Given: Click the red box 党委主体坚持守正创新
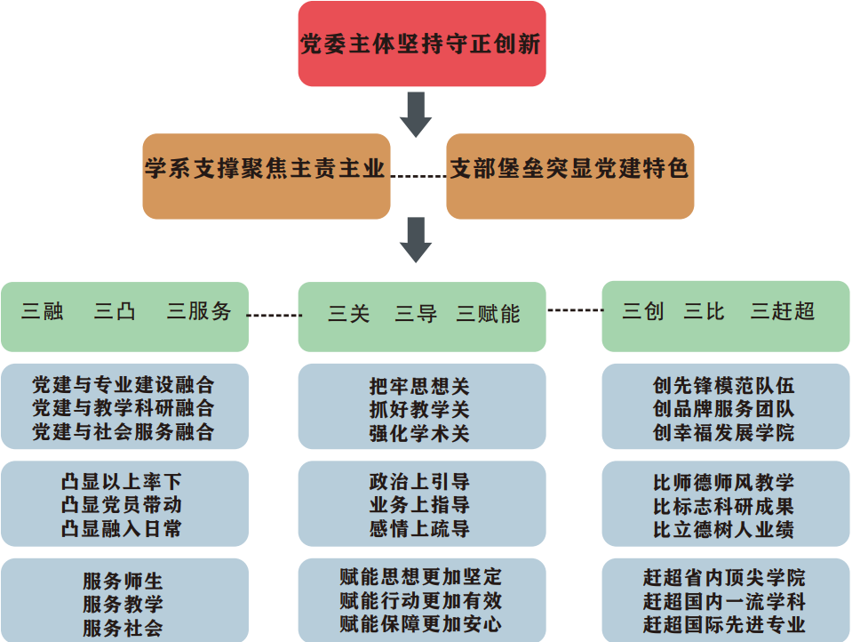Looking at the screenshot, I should click(x=421, y=44).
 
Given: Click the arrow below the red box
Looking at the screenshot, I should click(x=416, y=113).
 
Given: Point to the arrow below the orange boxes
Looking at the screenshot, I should click(x=416, y=238).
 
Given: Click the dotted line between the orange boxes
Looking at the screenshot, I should click(x=418, y=176).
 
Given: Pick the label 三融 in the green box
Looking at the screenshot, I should click(x=43, y=311).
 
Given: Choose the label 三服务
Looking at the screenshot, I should click(x=199, y=311).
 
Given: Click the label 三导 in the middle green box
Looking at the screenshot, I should click(x=416, y=314).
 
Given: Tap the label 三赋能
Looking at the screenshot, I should click(x=489, y=314).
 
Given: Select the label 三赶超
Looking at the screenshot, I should click(x=782, y=311).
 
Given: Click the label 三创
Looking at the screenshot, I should click(x=642, y=311).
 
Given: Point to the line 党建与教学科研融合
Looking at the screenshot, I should click(x=123, y=408).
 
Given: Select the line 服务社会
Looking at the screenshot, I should click(x=123, y=628).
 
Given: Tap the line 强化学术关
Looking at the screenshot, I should click(x=419, y=434).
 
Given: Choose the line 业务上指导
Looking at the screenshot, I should click(x=419, y=505).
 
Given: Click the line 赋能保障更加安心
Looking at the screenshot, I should click(x=420, y=624).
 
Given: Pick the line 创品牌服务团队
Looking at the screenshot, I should click(x=723, y=409).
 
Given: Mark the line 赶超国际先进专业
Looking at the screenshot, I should click(x=724, y=624).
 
